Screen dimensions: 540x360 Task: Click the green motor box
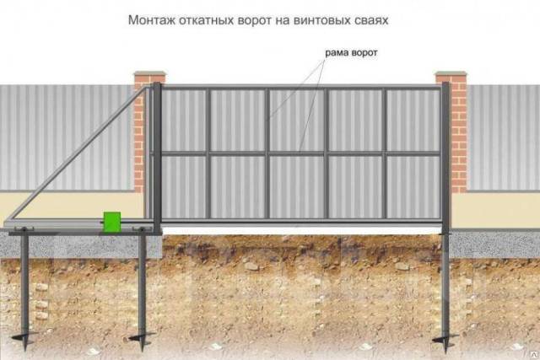coord(112,222)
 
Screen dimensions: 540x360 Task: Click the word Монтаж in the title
coord(152,20)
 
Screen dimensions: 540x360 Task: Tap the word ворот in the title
coord(254,20)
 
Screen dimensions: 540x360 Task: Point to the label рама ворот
coord(351,53)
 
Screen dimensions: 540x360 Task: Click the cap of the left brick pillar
coord(150,73)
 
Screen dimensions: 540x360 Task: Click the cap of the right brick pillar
coord(451,73)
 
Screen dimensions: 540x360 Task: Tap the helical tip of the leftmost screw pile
coord(24,338)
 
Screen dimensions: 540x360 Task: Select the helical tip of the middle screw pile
coord(142,338)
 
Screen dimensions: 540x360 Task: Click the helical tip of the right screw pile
coord(445,339)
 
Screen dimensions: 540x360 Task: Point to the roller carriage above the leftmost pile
coord(24,229)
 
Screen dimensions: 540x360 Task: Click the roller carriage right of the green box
coord(141,229)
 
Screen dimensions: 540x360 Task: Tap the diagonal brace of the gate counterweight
coord(78,153)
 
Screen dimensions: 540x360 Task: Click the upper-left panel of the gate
coord(184,120)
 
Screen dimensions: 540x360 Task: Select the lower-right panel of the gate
coord(413,187)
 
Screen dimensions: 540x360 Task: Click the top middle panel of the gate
coord(296,120)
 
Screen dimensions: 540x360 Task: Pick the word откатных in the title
coord(206,20)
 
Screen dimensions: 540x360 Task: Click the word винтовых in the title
coord(313,20)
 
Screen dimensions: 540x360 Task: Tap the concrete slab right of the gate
coord(494,244)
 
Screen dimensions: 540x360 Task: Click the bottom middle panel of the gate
coord(296,187)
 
